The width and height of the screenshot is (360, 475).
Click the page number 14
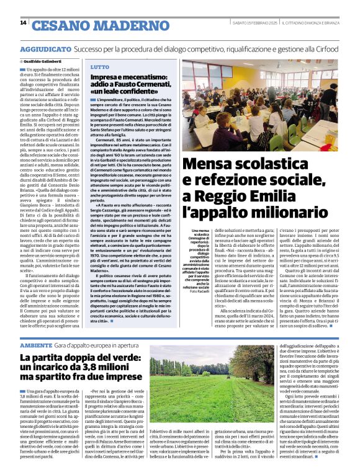[x=23, y=24]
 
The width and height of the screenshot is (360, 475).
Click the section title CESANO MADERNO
[x=86, y=25]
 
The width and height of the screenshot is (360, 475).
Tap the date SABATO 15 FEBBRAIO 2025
[x=254, y=23]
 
